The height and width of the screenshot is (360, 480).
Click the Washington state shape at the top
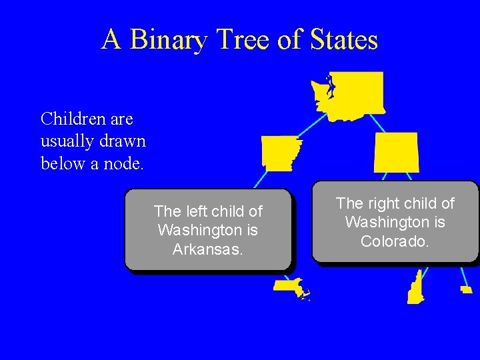[351, 95]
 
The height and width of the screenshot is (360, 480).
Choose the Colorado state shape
[397, 152]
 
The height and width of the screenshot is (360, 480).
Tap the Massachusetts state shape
[287, 286]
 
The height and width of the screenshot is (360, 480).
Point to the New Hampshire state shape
[417, 288]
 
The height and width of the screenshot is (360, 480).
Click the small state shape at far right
[466, 289]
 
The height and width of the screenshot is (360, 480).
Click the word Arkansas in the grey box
[207, 249]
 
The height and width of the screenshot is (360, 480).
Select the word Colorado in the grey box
[395, 241]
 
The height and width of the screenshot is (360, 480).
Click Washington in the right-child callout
[395, 222]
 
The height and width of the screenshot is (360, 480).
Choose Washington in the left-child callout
[207, 230]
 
